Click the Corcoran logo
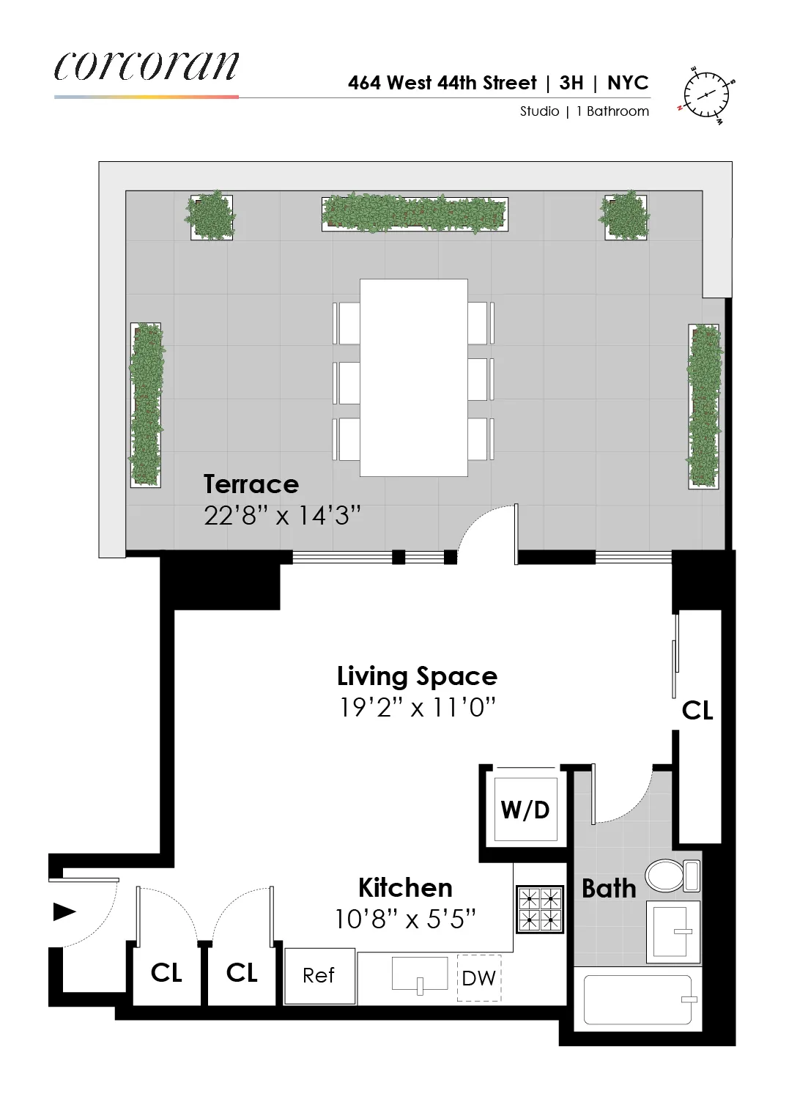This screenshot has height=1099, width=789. [147, 67]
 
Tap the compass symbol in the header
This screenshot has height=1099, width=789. [708, 95]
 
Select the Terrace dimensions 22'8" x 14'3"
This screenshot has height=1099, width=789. [282, 516]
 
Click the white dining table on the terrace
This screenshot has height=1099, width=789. [414, 377]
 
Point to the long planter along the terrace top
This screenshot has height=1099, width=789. [414, 213]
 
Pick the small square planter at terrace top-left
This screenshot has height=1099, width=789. [212, 216]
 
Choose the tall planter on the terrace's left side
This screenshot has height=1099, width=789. [146, 404]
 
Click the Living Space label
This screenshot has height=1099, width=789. [417, 676]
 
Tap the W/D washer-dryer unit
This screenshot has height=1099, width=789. [525, 810]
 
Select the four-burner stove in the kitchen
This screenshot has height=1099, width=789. [540, 909]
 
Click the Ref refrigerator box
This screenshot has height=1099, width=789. [319, 975]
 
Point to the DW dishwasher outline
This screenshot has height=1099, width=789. [479, 978]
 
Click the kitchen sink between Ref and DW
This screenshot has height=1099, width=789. [420, 974]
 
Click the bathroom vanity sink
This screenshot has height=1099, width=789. [673, 931]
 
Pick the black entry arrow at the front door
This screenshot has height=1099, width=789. [64, 912]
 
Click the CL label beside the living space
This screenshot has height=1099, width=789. [697, 710]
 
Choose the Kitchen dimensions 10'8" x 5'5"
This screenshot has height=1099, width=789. [405, 919]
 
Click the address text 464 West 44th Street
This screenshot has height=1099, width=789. [442, 83]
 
